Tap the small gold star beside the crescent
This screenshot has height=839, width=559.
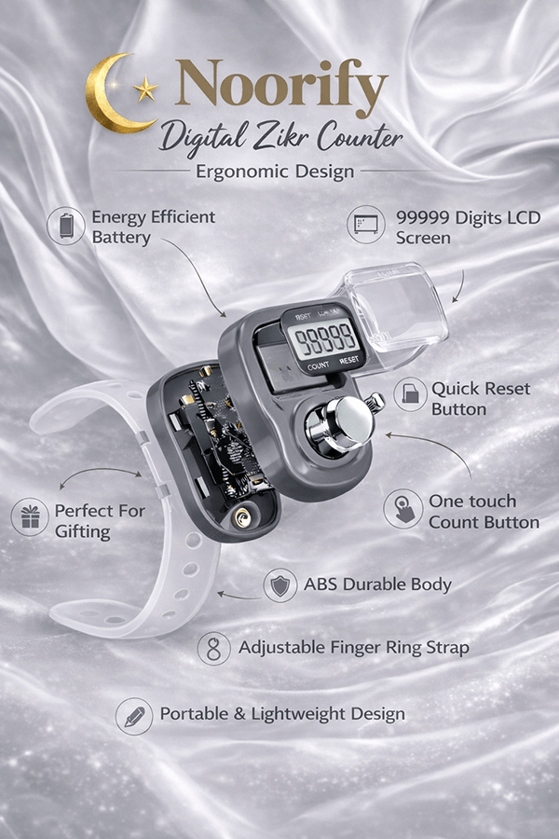pos(145,89)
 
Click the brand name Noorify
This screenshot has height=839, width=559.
pos(281,84)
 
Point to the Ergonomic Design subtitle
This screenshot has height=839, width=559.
pos(275,172)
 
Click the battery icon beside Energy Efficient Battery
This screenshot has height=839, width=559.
pos(66,226)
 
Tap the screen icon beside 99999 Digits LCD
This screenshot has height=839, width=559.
pos(366,224)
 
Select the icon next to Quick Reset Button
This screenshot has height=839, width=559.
pos(410,393)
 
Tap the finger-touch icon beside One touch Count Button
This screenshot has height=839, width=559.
pos(403,509)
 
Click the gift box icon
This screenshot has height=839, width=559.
pos(31,516)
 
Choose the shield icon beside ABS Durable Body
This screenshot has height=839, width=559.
pos(280,585)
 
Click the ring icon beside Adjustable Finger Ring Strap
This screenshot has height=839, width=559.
pos(214,649)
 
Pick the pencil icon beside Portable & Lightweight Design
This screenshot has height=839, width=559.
pos(134,716)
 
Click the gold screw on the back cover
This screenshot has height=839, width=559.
pos(243,518)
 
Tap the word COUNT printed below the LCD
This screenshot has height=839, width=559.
pos(319,366)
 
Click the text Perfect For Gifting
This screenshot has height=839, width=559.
pos(100,521)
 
